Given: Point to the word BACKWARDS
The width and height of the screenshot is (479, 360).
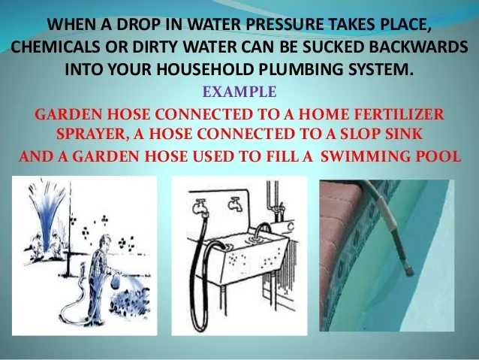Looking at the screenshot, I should coord(420,47).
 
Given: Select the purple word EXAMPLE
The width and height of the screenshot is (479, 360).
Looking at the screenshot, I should coord(239,94).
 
